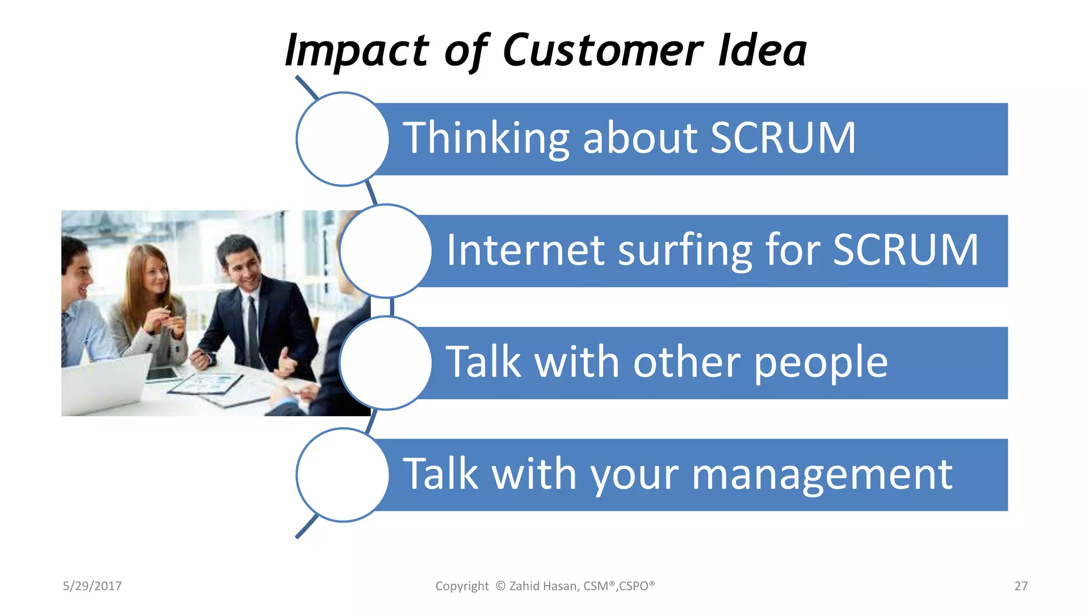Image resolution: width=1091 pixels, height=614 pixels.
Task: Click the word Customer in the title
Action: pos(603,51)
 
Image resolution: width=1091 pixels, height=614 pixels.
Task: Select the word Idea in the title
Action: pos(762,51)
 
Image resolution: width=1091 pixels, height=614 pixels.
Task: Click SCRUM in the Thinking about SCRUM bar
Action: pos(783,138)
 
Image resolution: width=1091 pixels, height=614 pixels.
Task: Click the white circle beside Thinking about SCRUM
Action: pos(343,139)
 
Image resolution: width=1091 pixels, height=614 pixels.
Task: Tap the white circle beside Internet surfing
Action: pos(385,251)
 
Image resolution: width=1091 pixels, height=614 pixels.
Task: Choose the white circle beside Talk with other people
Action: pos(385,363)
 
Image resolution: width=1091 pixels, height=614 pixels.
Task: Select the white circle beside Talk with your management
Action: pos(343,475)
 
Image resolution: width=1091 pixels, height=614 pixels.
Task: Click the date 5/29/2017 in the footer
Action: pos(92,586)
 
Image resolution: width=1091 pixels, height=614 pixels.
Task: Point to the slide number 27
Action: pos(1021,586)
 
